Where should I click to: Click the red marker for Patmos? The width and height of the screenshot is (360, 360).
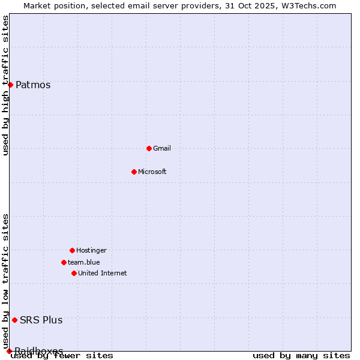10,85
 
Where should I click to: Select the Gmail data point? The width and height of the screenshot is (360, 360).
149,148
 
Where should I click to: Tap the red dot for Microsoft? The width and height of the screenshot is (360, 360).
134,172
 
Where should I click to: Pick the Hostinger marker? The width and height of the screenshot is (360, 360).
72,250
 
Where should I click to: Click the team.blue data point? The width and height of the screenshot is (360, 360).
64,262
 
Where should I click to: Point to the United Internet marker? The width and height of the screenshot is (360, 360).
74,273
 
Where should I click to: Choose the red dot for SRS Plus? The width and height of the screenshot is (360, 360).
14,320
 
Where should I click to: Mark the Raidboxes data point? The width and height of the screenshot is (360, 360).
9,351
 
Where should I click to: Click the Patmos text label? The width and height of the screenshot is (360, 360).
33,85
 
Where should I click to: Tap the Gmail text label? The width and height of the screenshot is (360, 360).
162,148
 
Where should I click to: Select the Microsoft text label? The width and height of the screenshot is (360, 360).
152,172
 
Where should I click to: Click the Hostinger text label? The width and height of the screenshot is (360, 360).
91,250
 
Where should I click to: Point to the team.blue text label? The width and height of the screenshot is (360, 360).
84,262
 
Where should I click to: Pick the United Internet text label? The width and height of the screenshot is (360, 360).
103,273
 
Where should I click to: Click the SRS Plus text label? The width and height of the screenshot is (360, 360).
41,320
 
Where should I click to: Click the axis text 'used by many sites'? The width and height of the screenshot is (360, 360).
301,356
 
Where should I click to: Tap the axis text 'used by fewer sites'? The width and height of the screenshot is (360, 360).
62,356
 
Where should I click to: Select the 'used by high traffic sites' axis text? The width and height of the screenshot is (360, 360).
6,85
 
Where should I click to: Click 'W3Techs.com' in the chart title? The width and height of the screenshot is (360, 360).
309,5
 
